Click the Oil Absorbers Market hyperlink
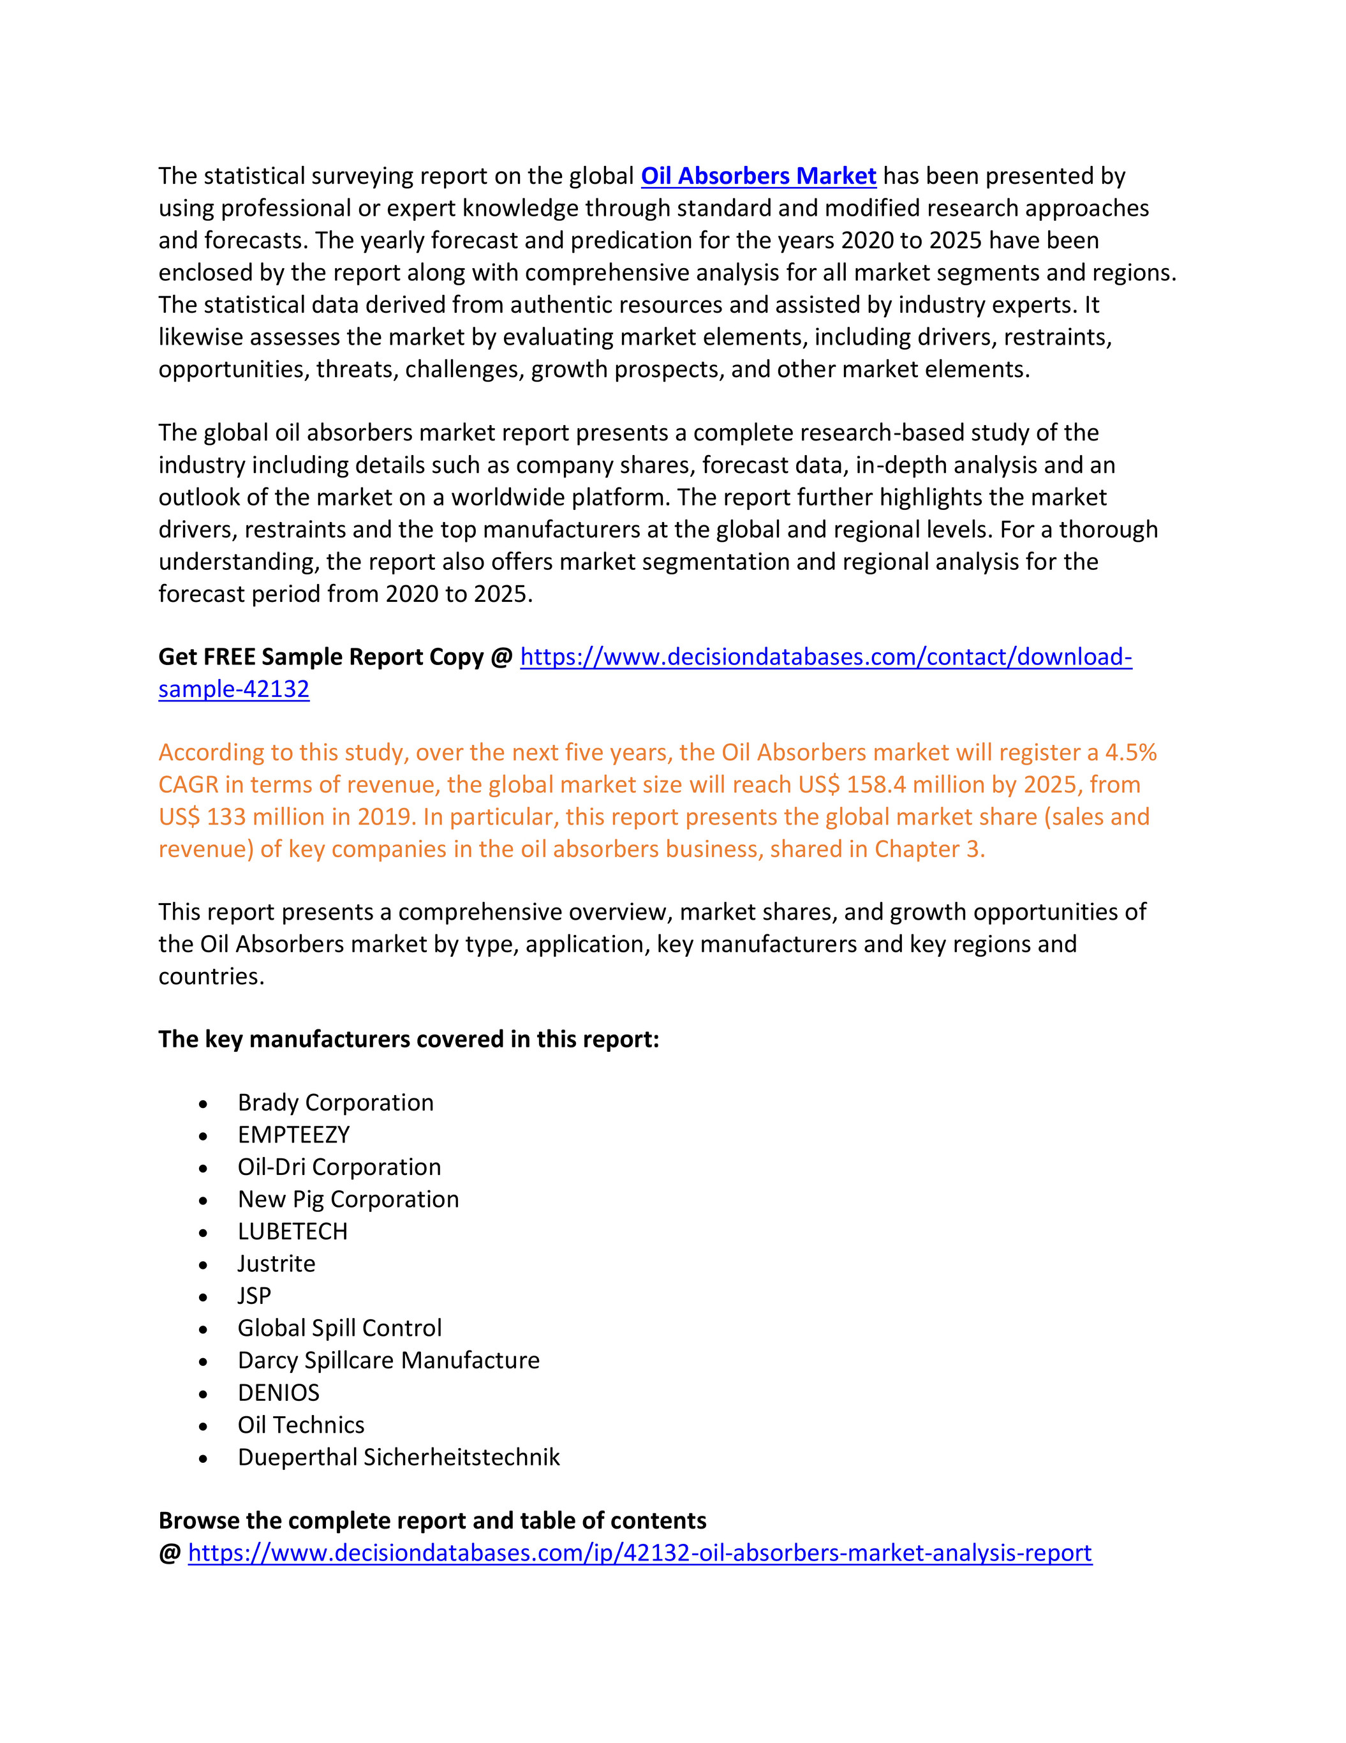[758, 176]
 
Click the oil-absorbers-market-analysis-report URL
[640, 1553]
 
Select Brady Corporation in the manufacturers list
[335, 1102]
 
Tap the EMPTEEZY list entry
[293, 1135]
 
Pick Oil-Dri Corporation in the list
[339, 1167]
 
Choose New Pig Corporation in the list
[348, 1199]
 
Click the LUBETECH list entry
[292, 1231]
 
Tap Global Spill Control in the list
[339, 1328]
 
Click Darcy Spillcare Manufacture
[388, 1360]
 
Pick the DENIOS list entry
[279, 1393]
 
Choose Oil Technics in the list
[301, 1425]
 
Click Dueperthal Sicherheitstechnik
[398, 1457]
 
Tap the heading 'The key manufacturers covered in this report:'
[408, 1039]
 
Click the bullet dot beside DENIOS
[203, 1395]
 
